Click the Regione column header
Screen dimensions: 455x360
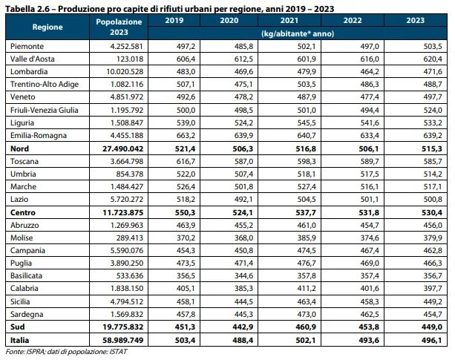tap(48, 27)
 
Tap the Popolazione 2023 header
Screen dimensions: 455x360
tap(119, 27)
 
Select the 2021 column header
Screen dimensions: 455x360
tap(289, 20)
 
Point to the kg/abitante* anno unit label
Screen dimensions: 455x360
tap(298, 33)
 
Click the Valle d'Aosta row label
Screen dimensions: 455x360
tap(33, 59)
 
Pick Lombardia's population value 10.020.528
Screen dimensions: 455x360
tap(125, 72)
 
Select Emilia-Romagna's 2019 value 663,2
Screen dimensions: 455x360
tap(186, 136)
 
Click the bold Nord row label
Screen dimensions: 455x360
tap(20, 148)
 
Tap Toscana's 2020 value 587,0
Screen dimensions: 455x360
tap(243, 161)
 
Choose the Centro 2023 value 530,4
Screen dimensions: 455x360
tap(432, 212)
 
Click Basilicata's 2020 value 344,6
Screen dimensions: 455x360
tap(243, 275)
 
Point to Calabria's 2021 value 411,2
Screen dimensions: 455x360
tap(307, 288)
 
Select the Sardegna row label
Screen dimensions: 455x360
tap(27, 314)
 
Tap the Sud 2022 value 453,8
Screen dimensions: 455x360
tap(369, 327)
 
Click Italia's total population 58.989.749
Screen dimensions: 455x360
tap(123, 340)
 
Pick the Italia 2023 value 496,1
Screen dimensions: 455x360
tap(432, 340)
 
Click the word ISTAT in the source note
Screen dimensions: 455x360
tap(118, 352)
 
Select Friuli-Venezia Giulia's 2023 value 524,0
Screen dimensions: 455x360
tap(433, 111)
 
